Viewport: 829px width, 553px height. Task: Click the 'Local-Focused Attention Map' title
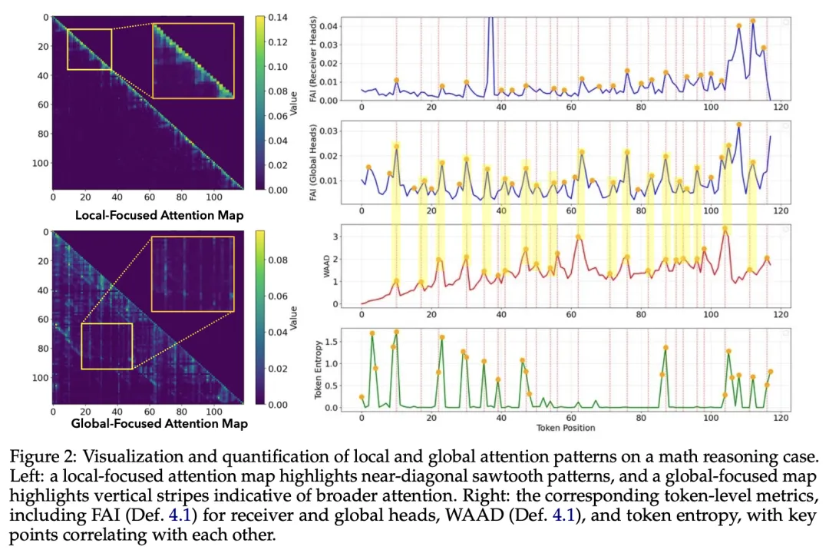[160, 215]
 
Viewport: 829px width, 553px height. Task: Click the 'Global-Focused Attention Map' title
[159, 422]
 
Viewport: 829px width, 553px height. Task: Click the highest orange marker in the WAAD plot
[725, 229]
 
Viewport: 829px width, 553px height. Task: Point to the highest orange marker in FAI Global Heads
[738, 124]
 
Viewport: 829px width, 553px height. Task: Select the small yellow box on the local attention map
[89, 49]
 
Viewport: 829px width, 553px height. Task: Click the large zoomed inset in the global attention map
[193, 274]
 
